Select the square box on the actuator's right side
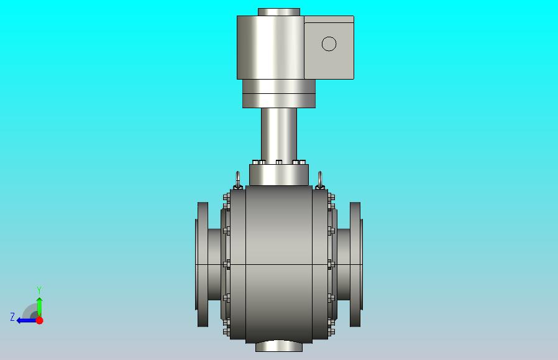329,47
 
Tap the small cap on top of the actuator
279,12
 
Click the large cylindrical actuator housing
270,47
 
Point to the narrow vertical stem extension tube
279,134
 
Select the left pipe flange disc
203,264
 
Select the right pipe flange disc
355,264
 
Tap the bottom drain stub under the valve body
279,346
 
